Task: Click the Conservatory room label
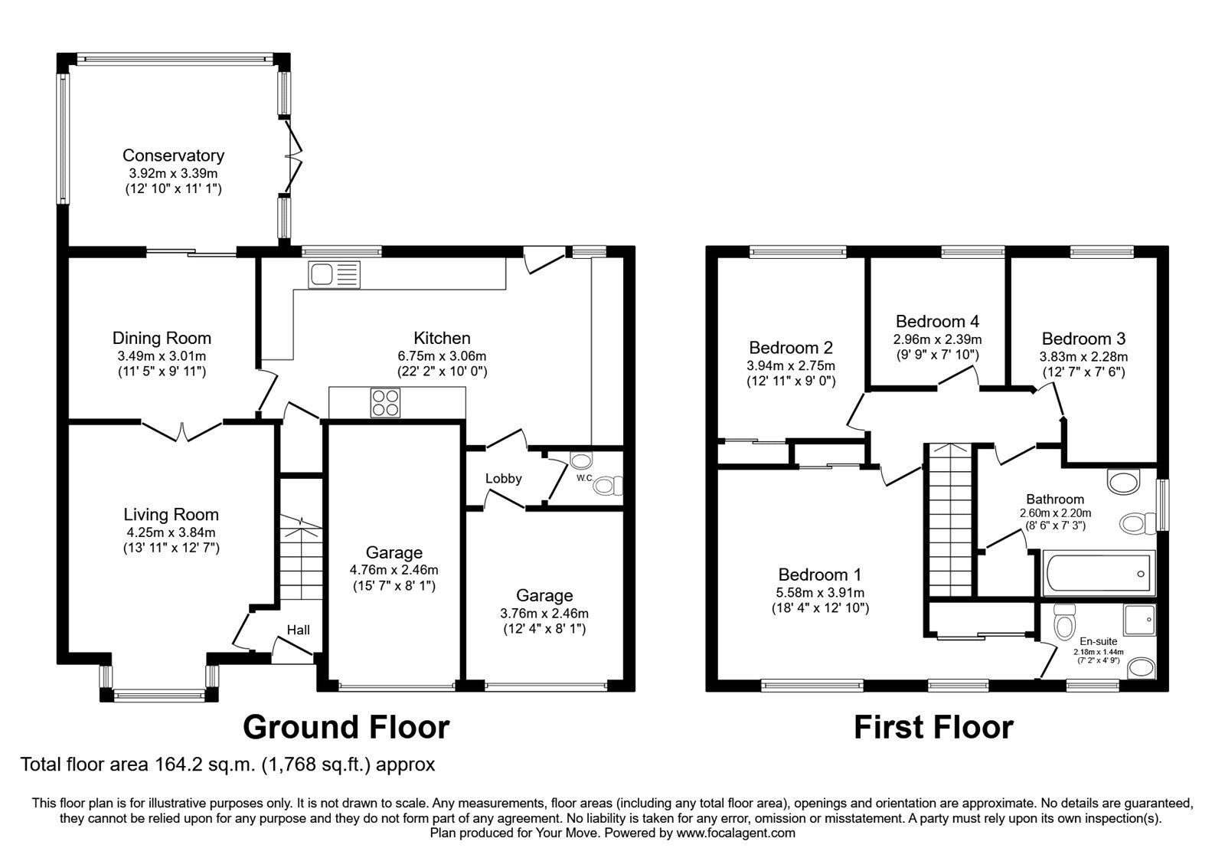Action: (173, 156)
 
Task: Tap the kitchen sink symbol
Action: (334, 274)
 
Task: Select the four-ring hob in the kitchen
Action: (385, 403)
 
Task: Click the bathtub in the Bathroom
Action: (1099, 574)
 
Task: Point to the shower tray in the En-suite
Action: (1140, 620)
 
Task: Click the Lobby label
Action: (503, 478)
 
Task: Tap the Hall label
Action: (298, 630)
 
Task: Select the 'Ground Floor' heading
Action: (346, 727)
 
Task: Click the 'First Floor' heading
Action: (933, 727)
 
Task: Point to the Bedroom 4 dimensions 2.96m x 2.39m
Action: (937, 339)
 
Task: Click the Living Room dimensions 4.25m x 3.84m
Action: (171, 532)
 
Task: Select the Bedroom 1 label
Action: (820, 575)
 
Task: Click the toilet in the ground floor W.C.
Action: (608, 486)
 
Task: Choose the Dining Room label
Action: (162, 338)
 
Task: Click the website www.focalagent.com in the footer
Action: (736, 833)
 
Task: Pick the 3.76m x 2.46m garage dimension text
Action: (544, 614)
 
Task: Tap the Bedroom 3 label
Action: (1083, 339)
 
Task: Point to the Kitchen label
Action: (442, 338)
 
